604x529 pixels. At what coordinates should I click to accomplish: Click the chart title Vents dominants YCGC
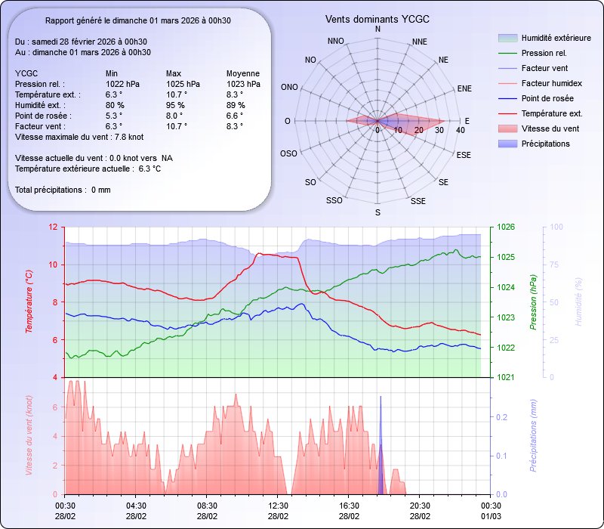377,19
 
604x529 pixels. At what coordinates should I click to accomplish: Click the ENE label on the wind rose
465,88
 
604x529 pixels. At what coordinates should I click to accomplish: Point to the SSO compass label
334,201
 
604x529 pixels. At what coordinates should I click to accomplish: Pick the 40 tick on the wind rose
460,131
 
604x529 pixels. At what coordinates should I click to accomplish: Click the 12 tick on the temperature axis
52,227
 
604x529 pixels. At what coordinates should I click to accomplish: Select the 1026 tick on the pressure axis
506,227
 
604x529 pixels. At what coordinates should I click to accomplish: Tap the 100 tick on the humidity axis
556,227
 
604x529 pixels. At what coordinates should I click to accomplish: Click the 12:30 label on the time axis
278,506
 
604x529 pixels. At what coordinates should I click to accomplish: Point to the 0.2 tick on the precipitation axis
501,417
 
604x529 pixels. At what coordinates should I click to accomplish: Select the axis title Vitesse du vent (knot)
29,435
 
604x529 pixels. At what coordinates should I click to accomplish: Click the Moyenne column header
243,73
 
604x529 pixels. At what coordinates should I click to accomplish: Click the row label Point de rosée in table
42,116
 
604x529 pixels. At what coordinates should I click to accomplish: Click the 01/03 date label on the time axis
491,516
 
